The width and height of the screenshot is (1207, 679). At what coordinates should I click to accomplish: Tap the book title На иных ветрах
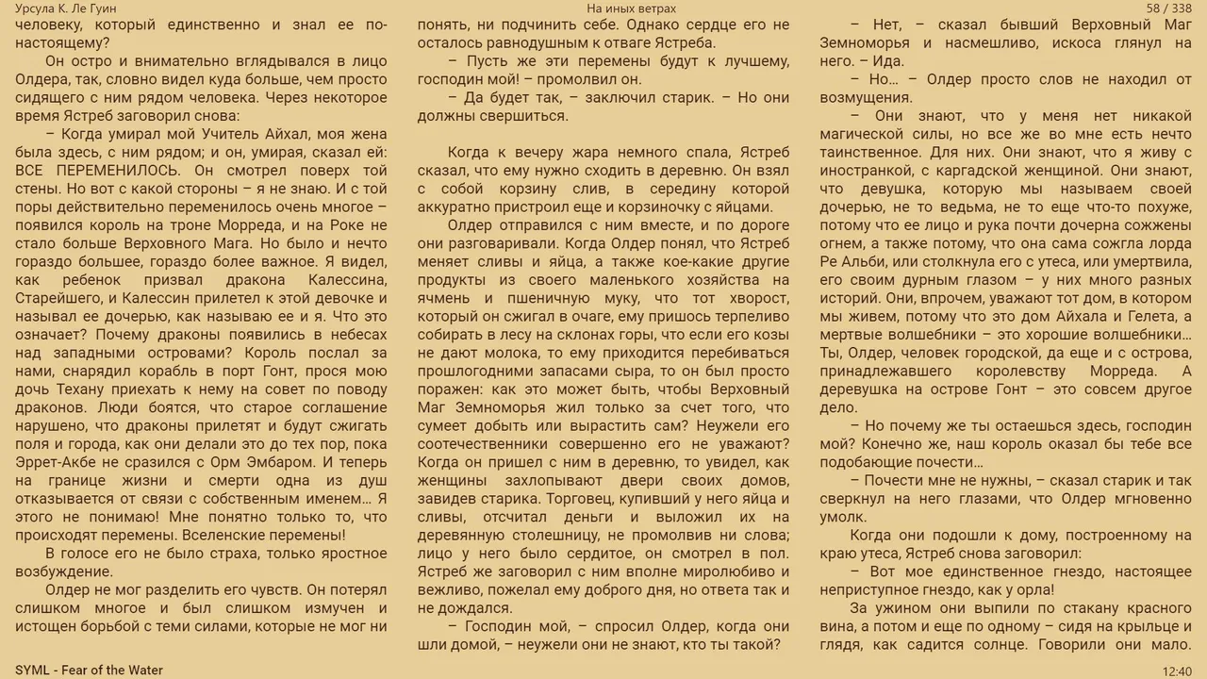[631, 8]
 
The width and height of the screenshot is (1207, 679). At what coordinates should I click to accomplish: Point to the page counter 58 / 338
[1168, 8]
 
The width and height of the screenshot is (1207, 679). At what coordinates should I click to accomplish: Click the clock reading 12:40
[1177, 671]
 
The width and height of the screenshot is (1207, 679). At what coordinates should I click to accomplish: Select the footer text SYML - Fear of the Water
[89, 671]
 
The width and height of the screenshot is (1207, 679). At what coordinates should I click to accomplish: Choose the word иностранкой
[872, 171]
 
